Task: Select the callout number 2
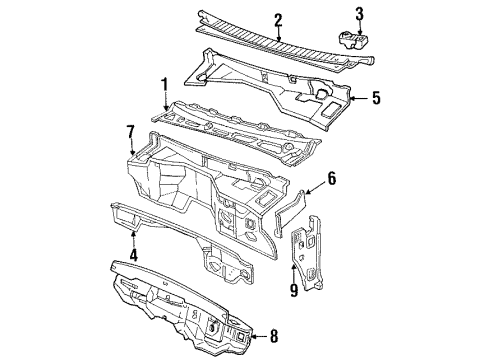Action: [279, 18]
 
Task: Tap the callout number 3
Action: [361, 14]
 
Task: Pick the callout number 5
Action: [376, 98]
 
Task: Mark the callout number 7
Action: [130, 132]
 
